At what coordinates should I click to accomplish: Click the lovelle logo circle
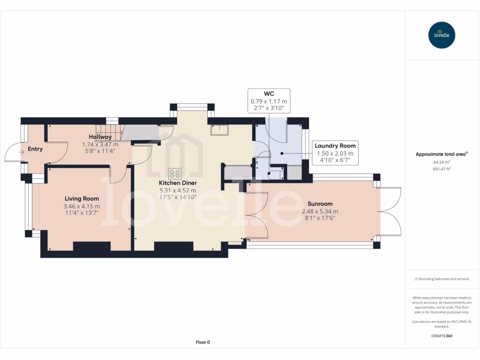tap(442, 35)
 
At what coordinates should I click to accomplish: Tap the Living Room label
tap(82, 199)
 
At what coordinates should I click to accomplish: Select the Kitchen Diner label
tap(178, 183)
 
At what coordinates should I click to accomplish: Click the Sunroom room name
tap(320, 203)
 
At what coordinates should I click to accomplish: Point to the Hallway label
tap(100, 137)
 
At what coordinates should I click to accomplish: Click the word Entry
tap(35, 149)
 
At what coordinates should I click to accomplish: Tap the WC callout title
tap(269, 94)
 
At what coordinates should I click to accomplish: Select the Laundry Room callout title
tap(335, 146)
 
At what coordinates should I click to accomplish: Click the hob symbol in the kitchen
tap(175, 173)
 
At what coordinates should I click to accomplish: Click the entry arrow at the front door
tap(21, 152)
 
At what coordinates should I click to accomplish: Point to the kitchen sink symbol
tap(219, 130)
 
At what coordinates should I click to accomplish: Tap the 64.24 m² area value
tap(442, 162)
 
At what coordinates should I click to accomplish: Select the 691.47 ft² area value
tap(442, 169)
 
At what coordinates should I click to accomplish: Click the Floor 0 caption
tap(203, 342)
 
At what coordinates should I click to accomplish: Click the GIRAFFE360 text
tap(442, 336)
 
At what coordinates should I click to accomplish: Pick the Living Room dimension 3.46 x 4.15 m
tap(82, 206)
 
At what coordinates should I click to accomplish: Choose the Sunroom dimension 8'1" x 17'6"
tap(320, 218)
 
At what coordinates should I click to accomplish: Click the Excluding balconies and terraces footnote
tap(442, 279)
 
